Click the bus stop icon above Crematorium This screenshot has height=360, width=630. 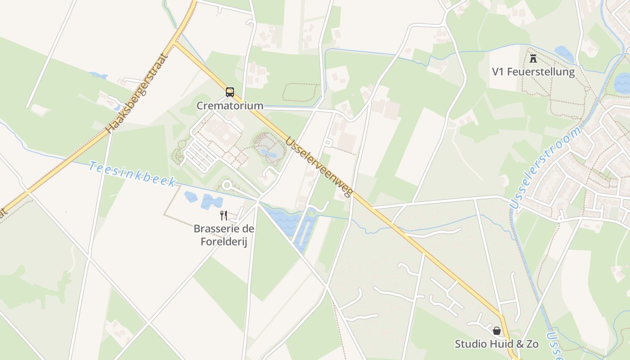click(x=230, y=92)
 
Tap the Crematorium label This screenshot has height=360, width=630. click(x=230, y=106)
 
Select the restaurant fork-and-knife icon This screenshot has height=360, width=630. click(x=224, y=215)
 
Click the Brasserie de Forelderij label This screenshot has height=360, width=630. click(x=224, y=235)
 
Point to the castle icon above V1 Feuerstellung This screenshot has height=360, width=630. click(x=533, y=58)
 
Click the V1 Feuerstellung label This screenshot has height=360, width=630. click(x=533, y=72)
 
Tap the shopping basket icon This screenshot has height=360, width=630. click(x=497, y=331)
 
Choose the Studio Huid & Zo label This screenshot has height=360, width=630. click(x=497, y=344)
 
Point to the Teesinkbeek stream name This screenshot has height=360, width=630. click(x=132, y=173)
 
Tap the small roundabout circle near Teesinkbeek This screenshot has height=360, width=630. click(x=226, y=185)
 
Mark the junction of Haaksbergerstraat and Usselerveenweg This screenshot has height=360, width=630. click(x=174, y=43)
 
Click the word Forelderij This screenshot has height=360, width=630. click(x=224, y=242)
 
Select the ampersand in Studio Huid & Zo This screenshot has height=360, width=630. click(x=518, y=344)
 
